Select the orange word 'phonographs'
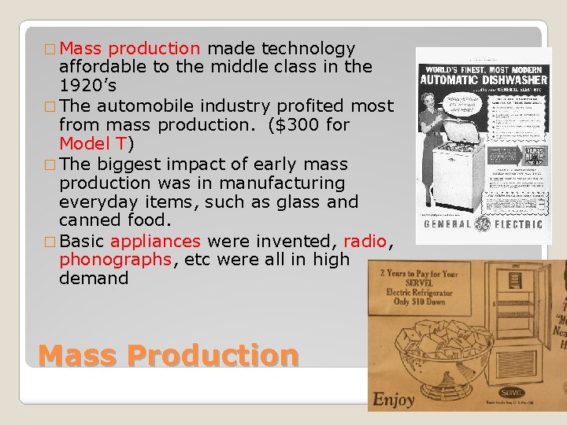point(115,260)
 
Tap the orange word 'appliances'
point(156,241)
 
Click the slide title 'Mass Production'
point(168,355)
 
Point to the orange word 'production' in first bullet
point(154,49)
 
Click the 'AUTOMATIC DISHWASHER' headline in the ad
point(484,79)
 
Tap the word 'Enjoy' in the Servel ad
point(394,398)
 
